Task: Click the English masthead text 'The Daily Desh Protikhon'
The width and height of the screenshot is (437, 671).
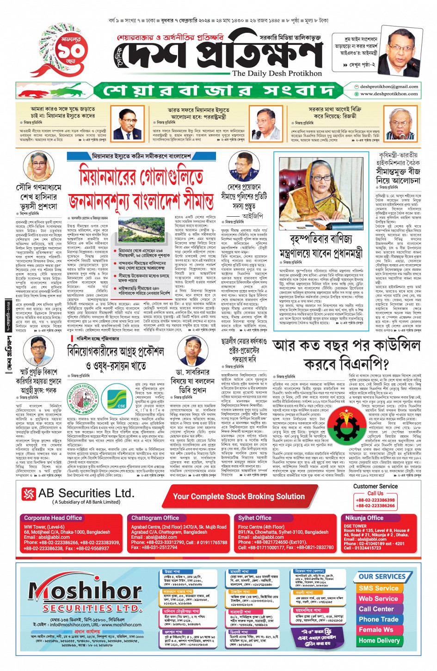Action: pyautogui.click(x=277, y=73)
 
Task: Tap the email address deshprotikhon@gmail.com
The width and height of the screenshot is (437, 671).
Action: pyautogui.click(x=389, y=86)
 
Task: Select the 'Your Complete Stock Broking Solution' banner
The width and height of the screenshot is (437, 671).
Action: pyautogui.click(x=239, y=497)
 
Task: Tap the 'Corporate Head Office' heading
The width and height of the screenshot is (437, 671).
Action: pyautogui.click(x=53, y=518)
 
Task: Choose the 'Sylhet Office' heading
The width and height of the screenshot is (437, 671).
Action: pyautogui.click(x=255, y=518)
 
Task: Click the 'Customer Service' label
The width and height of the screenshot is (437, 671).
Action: pyautogui.click(x=375, y=486)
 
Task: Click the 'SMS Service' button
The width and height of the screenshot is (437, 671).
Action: pyautogui.click(x=378, y=588)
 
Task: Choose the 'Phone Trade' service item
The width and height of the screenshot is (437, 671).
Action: pyautogui.click(x=378, y=619)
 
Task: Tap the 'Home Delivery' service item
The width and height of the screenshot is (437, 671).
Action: pyautogui.click(x=379, y=640)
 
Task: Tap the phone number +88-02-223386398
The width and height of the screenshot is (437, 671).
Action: pyautogui.click(x=375, y=500)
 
